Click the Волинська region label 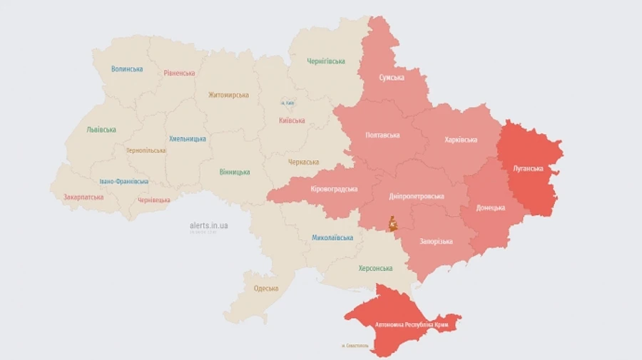pos(127,69)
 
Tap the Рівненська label pos(179,73)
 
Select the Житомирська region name pos(228,95)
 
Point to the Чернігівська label pos(326,62)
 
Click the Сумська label pos(392,77)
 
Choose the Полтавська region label pos(382,135)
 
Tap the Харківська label pos(460,140)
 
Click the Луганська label pos(528,169)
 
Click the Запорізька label pos(434,241)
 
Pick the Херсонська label pos(374,268)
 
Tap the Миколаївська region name pos(332,237)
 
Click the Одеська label pos(266,288)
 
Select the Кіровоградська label pos(334,189)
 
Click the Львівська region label pos(101,130)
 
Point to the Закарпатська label pos(83,197)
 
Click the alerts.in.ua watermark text pos(209,225)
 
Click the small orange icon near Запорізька pos(393,224)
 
